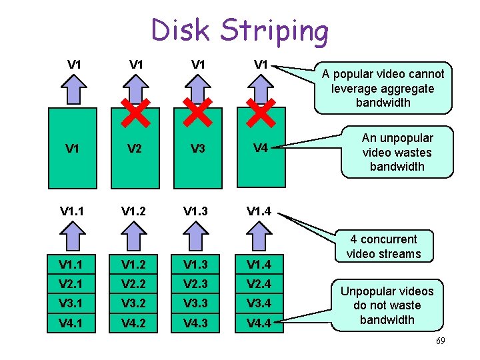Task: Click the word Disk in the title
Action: (x=181, y=31)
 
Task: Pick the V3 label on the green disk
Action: (x=198, y=149)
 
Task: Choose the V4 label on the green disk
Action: (x=261, y=149)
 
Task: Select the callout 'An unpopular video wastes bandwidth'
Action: (x=397, y=152)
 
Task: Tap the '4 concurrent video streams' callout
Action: (x=384, y=246)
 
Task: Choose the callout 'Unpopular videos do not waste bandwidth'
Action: (x=387, y=305)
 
